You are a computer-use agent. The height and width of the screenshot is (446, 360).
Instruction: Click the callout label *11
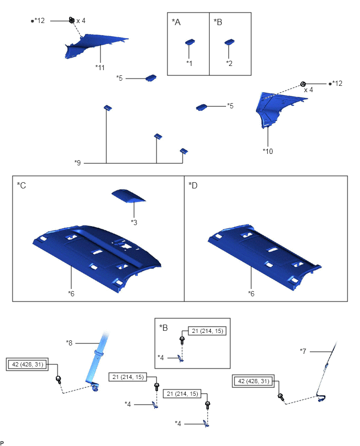100,68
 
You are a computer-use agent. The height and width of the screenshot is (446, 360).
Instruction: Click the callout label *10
267,151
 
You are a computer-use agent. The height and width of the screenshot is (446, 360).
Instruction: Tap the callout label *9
77,163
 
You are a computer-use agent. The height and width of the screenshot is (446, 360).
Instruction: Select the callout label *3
134,222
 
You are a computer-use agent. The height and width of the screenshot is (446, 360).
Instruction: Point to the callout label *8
70,343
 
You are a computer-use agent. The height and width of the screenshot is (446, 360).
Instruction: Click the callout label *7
303,351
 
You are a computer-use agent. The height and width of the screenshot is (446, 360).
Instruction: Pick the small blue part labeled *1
190,42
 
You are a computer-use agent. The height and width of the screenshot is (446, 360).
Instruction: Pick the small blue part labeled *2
230,42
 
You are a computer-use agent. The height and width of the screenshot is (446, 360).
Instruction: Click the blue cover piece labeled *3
128,195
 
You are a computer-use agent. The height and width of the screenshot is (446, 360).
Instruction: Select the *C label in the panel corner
21,185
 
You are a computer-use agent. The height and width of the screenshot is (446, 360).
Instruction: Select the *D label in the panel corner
193,185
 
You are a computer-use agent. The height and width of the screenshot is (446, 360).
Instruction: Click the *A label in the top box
176,22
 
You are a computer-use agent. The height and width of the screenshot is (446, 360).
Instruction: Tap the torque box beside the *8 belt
27,364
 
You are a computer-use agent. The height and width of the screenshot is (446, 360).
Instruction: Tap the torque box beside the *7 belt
253,381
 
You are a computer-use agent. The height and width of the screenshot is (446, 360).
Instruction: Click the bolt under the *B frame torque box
182,340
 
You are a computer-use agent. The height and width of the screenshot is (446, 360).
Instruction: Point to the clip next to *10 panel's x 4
303,84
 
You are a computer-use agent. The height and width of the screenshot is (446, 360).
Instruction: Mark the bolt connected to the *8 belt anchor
59,380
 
